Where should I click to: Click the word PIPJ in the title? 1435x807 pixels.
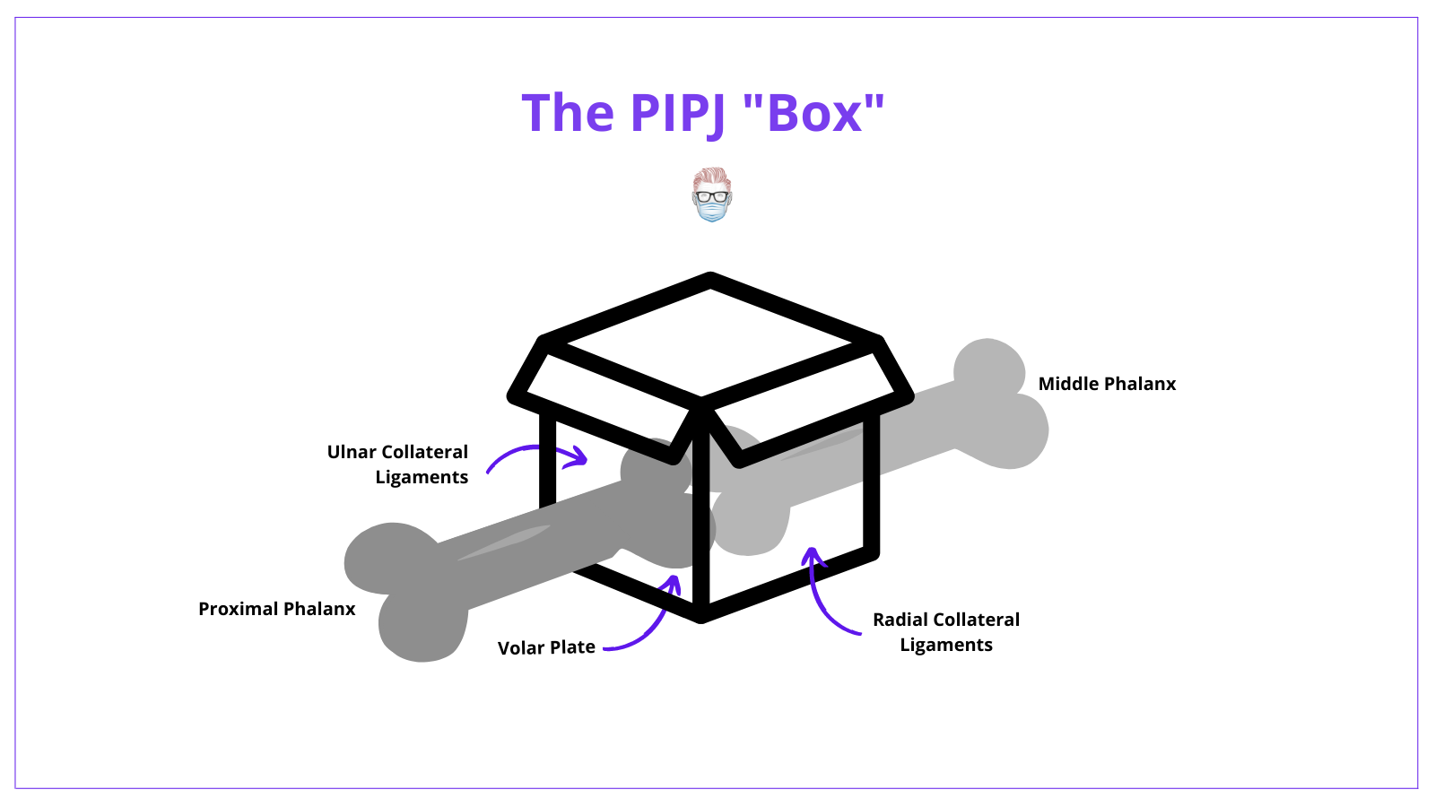click(x=678, y=113)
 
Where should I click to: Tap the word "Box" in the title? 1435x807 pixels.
click(x=814, y=112)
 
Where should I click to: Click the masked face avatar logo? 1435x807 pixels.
click(x=712, y=195)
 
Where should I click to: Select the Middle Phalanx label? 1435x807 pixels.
click(x=1107, y=384)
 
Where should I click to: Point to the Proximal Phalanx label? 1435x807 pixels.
click(x=277, y=609)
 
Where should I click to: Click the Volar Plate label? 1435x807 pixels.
click(x=546, y=647)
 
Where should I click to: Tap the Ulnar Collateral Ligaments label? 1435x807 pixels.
click(x=397, y=464)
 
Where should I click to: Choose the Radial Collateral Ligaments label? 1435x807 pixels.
click(x=946, y=632)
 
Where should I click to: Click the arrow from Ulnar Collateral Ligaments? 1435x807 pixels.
click(x=535, y=447)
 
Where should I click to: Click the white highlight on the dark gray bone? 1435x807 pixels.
click(x=504, y=542)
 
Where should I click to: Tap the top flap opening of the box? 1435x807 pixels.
click(x=709, y=343)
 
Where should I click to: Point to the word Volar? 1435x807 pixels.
click(x=519, y=647)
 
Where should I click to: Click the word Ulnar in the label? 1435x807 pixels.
click(x=351, y=452)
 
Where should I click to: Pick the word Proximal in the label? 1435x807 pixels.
click(x=238, y=609)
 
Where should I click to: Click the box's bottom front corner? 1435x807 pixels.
click(x=700, y=617)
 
